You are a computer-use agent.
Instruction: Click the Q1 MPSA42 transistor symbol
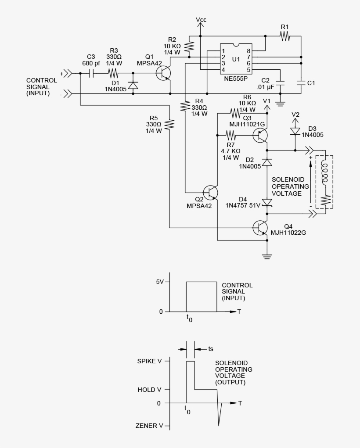[x=164, y=73]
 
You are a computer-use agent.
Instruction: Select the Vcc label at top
[x=201, y=20]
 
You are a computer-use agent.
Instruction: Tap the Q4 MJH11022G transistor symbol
[x=261, y=227]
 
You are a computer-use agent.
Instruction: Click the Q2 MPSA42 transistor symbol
[x=211, y=192]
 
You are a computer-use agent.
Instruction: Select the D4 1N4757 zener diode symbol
[x=267, y=202]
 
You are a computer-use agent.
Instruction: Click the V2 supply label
[x=295, y=115]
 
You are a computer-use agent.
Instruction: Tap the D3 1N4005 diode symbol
[x=295, y=131]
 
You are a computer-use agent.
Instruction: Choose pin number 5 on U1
[x=248, y=70]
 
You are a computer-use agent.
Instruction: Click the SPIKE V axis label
[x=150, y=361]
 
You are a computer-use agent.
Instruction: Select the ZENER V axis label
[x=150, y=426]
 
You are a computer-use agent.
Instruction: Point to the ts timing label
[x=211, y=349]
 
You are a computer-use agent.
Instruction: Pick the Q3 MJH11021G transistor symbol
[x=261, y=135]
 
